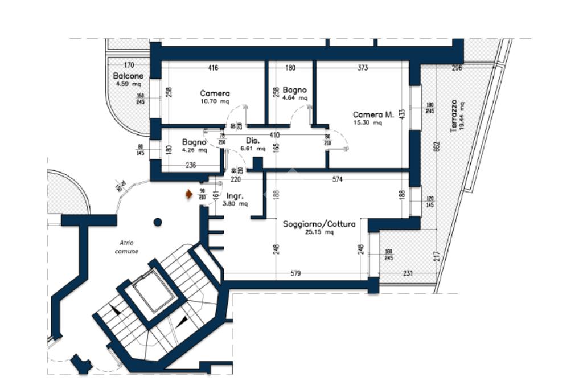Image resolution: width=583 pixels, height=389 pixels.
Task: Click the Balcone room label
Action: pyautogui.click(x=128, y=76)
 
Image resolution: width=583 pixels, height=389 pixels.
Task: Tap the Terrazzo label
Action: pyautogui.click(x=454, y=116)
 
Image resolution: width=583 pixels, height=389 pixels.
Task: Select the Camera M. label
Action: pyautogui.click(x=373, y=114)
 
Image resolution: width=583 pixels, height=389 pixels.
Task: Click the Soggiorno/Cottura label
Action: pyautogui.click(x=319, y=224)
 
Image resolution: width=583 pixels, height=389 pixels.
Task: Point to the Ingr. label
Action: pyautogui.click(x=235, y=196)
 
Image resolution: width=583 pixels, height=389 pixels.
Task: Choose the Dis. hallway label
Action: pyautogui.click(x=253, y=140)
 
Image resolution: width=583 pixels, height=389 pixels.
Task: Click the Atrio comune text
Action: pyautogui.click(x=126, y=247)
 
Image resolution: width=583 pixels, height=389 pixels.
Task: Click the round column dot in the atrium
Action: pyautogui.click(x=158, y=222)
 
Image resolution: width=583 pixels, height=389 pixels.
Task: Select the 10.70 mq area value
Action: pyautogui.click(x=215, y=102)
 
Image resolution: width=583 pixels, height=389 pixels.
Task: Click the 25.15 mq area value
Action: pyautogui.click(x=319, y=232)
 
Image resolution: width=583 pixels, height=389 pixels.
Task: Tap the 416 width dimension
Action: pyautogui.click(x=213, y=68)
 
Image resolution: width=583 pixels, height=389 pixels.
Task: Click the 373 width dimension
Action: pyautogui.click(x=363, y=68)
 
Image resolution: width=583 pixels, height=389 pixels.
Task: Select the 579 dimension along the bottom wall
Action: pyautogui.click(x=295, y=274)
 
